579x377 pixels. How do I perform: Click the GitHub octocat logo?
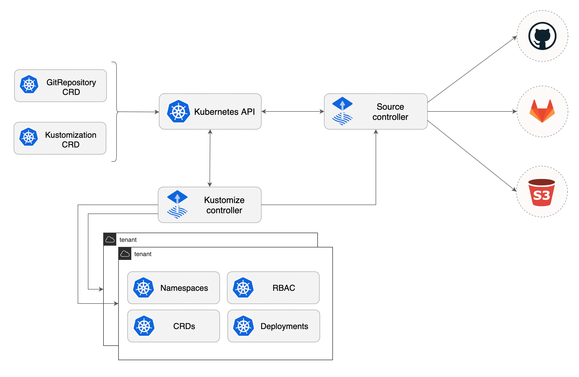(x=542, y=36)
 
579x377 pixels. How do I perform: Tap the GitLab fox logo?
(x=542, y=111)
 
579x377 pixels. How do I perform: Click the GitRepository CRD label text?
(x=71, y=87)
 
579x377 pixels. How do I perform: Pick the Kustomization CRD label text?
(x=71, y=140)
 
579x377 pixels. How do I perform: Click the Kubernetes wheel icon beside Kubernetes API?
(x=178, y=111)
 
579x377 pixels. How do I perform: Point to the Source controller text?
(x=390, y=112)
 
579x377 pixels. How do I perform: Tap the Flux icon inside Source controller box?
(x=342, y=111)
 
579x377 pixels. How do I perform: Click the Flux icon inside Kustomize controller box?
(x=177, y=205)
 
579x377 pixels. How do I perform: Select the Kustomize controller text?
(x=224, y=205)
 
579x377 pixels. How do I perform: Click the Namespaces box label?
(x=184, y=288)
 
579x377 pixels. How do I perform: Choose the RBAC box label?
(x=284, y=288)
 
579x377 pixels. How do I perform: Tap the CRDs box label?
(x=184, y=326)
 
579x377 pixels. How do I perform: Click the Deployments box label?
(x=284, y=326)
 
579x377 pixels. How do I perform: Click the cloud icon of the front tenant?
(x=125, y=254)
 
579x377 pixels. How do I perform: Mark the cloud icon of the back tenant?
(x=110, y=240)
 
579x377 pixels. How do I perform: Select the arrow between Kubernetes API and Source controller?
(x=293, y=111)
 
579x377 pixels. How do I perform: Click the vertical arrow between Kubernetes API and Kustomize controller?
(x=210, y=158)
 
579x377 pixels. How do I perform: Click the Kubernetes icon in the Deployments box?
(x=243, y=326)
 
